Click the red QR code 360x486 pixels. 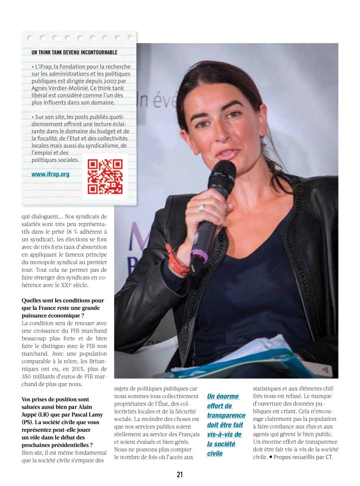click(105, 176)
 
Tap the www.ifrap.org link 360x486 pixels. click(50, 175)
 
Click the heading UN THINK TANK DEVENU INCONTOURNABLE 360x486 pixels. click(74, 52)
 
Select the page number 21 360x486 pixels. click(180, 474)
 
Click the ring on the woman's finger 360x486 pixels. click(201, 208)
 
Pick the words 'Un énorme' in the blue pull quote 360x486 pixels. click(223, 396)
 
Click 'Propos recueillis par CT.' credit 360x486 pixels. click(303, 457)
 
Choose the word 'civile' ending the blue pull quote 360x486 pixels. click(215, 454)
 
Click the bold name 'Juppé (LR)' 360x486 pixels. click(36, 415)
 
